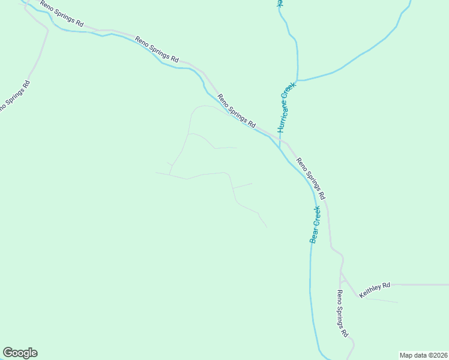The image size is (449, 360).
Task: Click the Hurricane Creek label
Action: coord(287,107)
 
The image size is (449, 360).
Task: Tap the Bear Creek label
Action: coord(315,224)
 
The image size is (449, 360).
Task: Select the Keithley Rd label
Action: coord(375,290)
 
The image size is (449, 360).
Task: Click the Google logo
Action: coord(20,353)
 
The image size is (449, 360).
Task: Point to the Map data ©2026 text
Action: coord(423,355)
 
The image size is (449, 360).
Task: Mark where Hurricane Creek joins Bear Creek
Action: coord(280,148)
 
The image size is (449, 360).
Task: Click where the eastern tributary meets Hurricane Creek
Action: coord(297,80)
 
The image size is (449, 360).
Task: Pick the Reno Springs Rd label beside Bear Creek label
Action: coord(311,178)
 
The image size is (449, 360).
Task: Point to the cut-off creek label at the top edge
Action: coord(279,3)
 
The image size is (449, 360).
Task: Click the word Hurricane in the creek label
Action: coord(283,116)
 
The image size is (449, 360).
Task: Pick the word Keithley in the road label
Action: coord(370,292)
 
